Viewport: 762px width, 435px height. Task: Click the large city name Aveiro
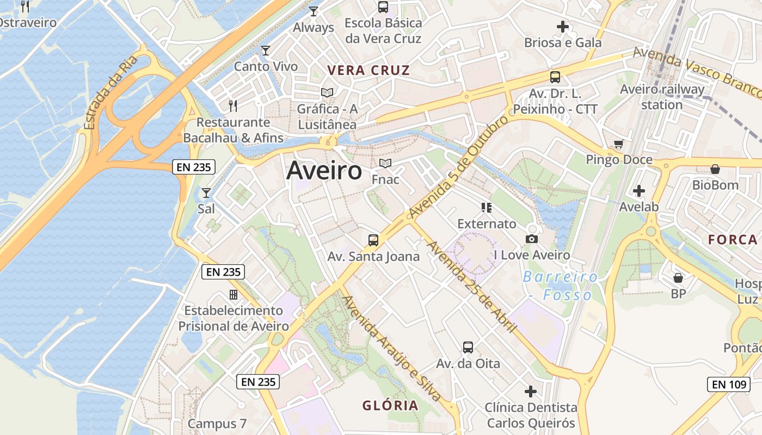pyautogui.click(x=324, y=171)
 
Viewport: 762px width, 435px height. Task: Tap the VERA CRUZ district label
pyautogui.click(x=368, y=71)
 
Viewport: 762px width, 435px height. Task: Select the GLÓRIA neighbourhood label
pyautogui.click(x=390, y=405)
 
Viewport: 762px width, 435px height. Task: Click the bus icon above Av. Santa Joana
pyautogui.click(x=373, y=240)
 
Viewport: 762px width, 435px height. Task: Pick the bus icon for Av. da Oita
pyautogui.click(x=468, y=347)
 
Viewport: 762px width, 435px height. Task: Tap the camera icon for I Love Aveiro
pyautogui.click(x=532, y=239)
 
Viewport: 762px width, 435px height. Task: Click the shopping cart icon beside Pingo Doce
pyautogui.click(x=618, y=144)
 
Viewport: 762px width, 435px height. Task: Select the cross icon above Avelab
pyautogui.click(x=639, y=191)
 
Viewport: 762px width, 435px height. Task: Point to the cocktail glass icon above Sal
pyautogui.click(x=206, y=192)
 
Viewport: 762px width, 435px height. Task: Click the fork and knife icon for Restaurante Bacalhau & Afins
pyautogui.click(x=233, y=105)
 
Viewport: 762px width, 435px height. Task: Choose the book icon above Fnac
pyautogui.click(x=385, y=163)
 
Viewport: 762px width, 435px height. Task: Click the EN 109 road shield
pyautogui.click(x=729, y=384)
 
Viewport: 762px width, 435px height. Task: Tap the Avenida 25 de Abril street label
pyautogui.click(x=472, y=286)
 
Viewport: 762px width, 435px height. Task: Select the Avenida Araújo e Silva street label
pyautogui.click(x=391, y=349)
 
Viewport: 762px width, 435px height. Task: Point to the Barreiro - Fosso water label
pyautogui.click(x=561, y=285)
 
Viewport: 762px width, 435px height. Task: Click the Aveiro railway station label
pyautogui.click(x=662, y=97)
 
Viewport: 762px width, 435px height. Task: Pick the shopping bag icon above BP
pyautogui.click(x=678, y=278)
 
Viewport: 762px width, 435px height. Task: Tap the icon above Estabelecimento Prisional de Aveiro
pyautogui.click(x=233, y=295)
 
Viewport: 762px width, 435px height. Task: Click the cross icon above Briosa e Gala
pyautogui.click(x=563, y=26)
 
